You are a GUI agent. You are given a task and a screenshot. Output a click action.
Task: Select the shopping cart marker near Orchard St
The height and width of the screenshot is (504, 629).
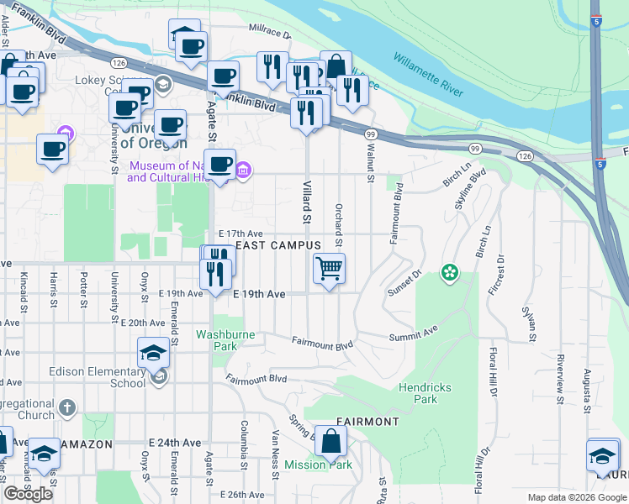pos(329,269)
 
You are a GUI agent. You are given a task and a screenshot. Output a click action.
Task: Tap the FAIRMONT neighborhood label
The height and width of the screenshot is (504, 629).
pos(367,421)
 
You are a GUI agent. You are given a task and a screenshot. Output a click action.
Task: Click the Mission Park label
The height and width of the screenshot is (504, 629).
pos(318,465)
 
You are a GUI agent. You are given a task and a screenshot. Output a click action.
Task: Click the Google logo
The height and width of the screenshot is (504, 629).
pos(28,493)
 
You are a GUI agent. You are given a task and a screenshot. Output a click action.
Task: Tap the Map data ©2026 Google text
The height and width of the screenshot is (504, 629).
pos(575,497)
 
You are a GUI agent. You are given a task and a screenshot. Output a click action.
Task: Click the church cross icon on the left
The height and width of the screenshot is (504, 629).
pos(67,407)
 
